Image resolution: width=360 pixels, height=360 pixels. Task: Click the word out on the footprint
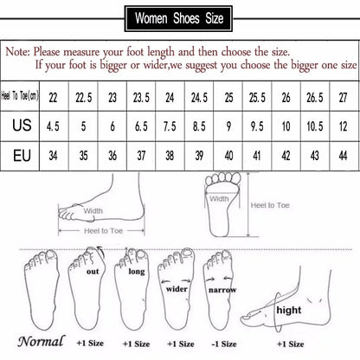[x=93, y=271]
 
